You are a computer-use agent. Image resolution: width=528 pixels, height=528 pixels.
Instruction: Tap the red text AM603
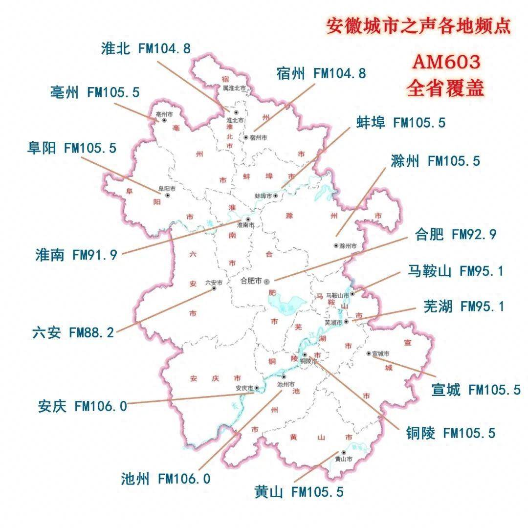click(x=445, y=62)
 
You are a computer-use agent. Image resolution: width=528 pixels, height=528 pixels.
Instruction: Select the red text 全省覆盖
click(x=445, y=88)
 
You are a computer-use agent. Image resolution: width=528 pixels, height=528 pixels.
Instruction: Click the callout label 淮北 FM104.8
click(x=146, y=48)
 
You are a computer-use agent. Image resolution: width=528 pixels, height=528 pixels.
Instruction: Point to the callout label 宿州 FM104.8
click(x=320, y=74)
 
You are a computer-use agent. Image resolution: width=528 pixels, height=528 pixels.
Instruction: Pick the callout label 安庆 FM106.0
click(x=82, y=406)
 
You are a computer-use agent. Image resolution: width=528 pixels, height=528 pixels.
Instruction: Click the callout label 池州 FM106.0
click(x=166, y=479)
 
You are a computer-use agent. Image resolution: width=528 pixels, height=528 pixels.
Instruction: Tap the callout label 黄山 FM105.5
click(x=299, y=492)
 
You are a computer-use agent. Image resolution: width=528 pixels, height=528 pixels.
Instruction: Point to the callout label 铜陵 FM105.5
click(x=450, y=433)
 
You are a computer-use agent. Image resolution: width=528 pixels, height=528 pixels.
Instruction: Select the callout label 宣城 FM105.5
click(x=476, y=390)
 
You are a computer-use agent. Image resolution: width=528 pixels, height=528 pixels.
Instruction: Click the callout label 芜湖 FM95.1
click(x=463, y=307)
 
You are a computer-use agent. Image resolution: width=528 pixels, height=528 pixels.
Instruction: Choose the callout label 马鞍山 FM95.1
click(x=455, y=271)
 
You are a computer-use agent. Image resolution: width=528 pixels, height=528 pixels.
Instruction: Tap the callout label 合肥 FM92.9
click(x=456, y=235)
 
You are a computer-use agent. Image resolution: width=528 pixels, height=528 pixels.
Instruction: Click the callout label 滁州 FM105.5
click(x=436, y=161)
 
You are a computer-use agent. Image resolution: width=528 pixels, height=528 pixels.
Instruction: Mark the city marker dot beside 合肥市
click(x=266, y=282)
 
